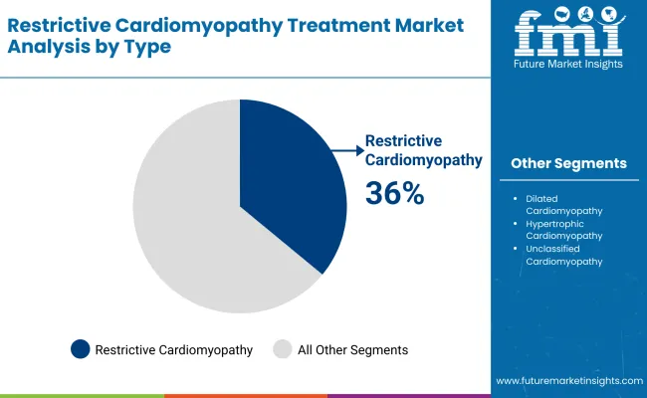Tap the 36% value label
(x=394, y=193)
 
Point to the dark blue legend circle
(x=81, y=349)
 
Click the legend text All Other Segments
(x=353, y=349)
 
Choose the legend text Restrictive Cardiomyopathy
(x=172, y=349)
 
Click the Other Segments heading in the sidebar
(x=568, y=163)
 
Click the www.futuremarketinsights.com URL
(x=566, y=381)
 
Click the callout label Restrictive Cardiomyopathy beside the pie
(x=423, y=150)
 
